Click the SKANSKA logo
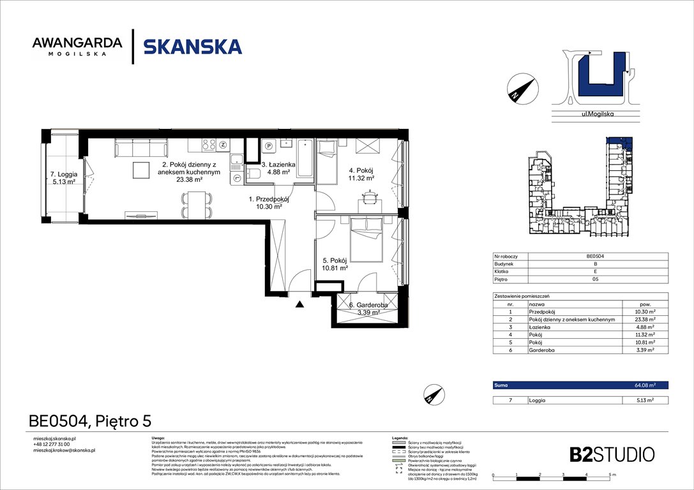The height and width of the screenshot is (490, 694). point(192,47)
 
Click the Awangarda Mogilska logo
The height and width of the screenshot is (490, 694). point(77,47)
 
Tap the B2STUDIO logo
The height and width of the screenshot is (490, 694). point(612,454)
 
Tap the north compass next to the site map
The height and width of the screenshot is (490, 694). point(519,88)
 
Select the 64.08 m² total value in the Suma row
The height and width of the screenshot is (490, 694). point(645,385)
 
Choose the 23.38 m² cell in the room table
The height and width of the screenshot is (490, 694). point(645,320)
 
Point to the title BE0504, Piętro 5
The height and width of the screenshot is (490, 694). point(90,421)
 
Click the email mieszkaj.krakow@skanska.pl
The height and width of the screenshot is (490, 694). point(64,450)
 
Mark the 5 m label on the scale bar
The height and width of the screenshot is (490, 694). point(611,475)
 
